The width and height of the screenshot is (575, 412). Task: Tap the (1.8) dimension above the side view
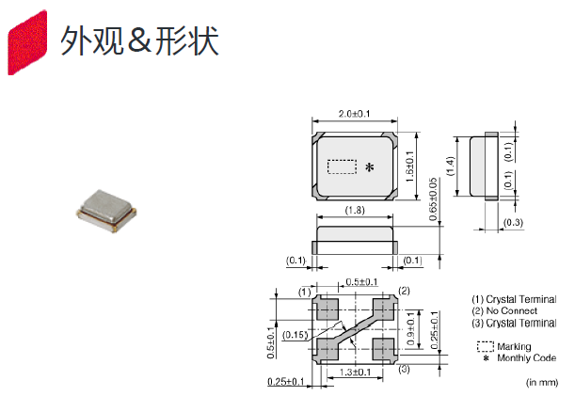(355, 210)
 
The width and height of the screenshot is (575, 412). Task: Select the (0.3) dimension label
(513, 223)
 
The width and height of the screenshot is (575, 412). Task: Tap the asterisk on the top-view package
(369, 168)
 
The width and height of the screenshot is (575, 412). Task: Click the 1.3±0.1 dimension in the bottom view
(356, 373)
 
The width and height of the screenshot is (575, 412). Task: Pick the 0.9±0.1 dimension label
(421, 323)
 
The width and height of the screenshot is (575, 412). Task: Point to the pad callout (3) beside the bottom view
(403, 369)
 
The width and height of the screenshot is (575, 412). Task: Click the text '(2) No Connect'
(504, 310)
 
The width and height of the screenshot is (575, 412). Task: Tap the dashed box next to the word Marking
(485, 346)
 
